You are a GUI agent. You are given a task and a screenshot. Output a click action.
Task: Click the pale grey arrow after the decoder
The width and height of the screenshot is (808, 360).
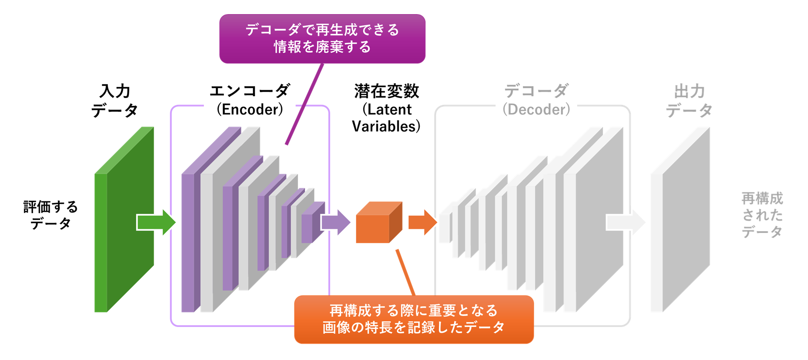625,222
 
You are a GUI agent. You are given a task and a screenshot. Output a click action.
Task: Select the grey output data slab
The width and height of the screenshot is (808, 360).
682,221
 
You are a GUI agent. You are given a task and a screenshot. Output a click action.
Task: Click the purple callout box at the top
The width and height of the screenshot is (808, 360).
322,38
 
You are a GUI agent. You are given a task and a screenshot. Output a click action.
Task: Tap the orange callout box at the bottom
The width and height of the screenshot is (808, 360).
413,319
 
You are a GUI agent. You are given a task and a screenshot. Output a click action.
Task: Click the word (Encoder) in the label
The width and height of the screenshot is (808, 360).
250,109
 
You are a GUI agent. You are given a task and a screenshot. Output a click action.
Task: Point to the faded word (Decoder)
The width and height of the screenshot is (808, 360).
536,109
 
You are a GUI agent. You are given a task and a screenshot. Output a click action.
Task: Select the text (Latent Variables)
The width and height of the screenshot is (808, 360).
386,118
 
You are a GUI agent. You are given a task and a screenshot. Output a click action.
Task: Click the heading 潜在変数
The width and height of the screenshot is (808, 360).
386,91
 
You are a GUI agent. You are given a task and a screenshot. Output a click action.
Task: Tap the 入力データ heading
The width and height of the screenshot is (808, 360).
115,101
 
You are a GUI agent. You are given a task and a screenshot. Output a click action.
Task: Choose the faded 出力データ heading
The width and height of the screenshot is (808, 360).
689,101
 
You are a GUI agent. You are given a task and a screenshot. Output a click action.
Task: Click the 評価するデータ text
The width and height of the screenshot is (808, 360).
50,215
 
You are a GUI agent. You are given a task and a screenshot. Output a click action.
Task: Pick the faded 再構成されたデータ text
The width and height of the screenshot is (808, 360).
762,215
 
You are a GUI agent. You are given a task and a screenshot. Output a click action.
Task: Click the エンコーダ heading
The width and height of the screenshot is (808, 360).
250,91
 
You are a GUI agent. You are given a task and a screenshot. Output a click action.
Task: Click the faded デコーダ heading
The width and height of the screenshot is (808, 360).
536,91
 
